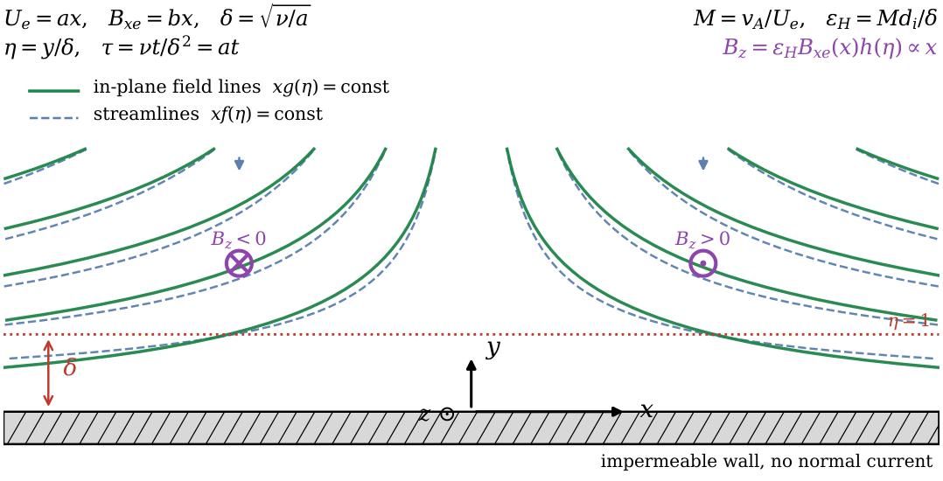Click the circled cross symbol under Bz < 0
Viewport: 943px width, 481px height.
(x=239, y=264)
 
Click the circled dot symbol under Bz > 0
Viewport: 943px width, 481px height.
(x=703, y=264)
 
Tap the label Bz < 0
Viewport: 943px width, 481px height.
(x=238, y=240)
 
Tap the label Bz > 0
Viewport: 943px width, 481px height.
(x=702, y=240)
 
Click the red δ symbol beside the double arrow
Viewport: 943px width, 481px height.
(x=70, y=368)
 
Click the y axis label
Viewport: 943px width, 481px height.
(x=493, y=349)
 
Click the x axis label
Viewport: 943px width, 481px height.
(x=646, y=410)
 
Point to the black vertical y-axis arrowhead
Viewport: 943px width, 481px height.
(x=471, y=366)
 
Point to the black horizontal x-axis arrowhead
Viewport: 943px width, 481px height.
(x=617, y=412)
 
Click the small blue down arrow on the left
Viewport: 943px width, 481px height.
(x=240, y=163)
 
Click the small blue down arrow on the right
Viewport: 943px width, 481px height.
(x=703, y=163)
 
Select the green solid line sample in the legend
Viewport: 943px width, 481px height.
(x=54, y=90)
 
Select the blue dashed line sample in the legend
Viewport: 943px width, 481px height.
(x=54, y=116)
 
